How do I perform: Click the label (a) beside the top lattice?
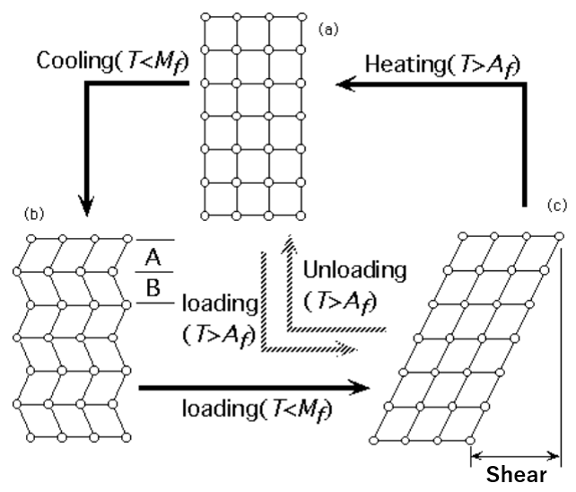pos(329,30)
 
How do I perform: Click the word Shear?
pos(516,476)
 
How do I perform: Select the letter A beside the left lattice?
pos(153,258)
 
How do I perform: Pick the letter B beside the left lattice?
pos(153,288)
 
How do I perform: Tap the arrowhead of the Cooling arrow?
pos(88,205)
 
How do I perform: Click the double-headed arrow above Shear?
pos(515,455)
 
